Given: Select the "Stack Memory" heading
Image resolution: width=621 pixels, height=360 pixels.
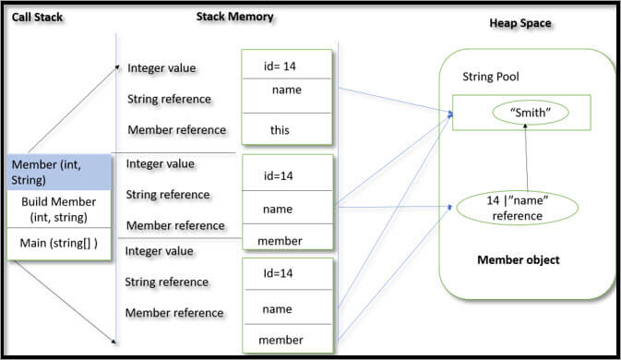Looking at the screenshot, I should tap(233, 17).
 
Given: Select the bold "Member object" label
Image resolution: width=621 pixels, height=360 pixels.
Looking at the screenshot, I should tap(518, 259).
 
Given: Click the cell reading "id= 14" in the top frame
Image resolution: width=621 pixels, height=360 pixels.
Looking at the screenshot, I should tap(286, 66).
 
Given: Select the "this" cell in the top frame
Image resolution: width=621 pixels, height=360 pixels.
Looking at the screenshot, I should tap(280, 130).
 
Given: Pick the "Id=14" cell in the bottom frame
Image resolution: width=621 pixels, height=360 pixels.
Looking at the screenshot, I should tap(279, 273).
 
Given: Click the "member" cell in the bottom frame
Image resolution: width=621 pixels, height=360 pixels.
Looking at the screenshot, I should tap(281, 340).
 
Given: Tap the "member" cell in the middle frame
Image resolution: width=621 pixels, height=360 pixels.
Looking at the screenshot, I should tap(281, 240).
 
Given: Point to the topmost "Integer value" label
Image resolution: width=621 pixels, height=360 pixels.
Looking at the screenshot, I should tap(161, 67).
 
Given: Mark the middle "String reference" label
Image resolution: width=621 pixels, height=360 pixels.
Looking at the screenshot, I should tap(167, 195).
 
